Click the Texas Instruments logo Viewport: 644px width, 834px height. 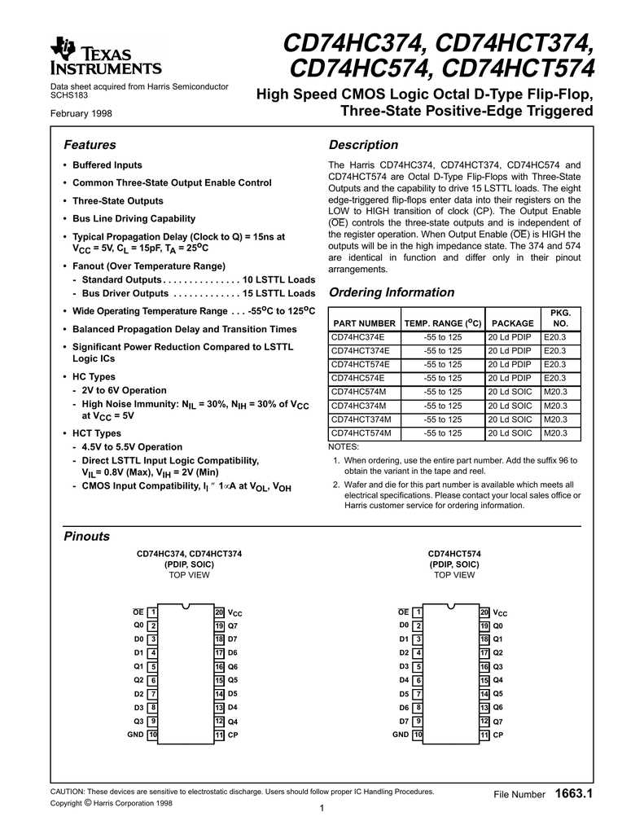click(106, 56)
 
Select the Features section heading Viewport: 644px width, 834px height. click(90, 145)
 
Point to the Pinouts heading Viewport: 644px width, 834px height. click(86, 536)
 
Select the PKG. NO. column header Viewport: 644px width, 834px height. click(560, 318)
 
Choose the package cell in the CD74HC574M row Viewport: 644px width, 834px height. click(510, 392)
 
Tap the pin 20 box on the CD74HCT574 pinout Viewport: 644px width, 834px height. click(484, 612)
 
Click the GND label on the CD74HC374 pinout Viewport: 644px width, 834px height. click(135, 735)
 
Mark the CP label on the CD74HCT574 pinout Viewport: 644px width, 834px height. click(498, 735)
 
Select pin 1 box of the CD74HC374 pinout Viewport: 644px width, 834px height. click(153, 612)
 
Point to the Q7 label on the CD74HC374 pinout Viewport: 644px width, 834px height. click(232, 625)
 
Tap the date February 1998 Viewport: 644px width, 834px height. click(81, 113)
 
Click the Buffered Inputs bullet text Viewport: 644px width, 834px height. click(107, 165)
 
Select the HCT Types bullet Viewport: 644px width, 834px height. click(97, 433)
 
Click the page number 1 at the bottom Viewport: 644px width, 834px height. click(322, 808)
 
